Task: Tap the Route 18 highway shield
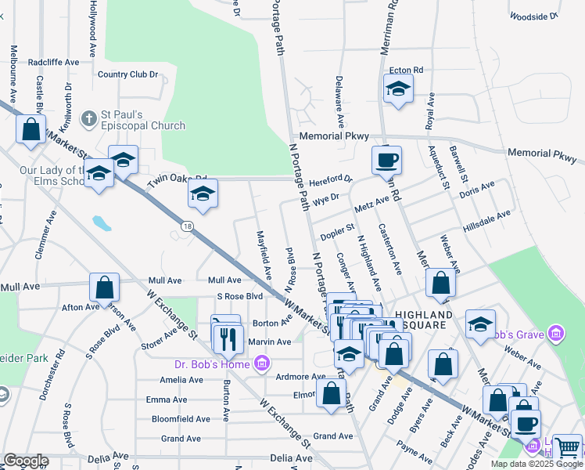(x=186, y=226)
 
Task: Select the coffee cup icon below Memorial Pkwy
(x=386, y=161)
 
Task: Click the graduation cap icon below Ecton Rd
(x=398, y=90)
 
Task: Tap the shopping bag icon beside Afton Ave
(x=105, y=287)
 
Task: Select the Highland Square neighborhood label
(x=418, y=320)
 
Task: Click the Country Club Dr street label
(x=128, y=75)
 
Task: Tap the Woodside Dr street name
(x=533, y=16)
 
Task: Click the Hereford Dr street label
(x=331, y=179)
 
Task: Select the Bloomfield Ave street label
(x=181, y=418)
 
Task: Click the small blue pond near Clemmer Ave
(x=102, y=223)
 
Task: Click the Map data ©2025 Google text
(x=536, y=464)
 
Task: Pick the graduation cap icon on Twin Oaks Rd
(x=203, y=193)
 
